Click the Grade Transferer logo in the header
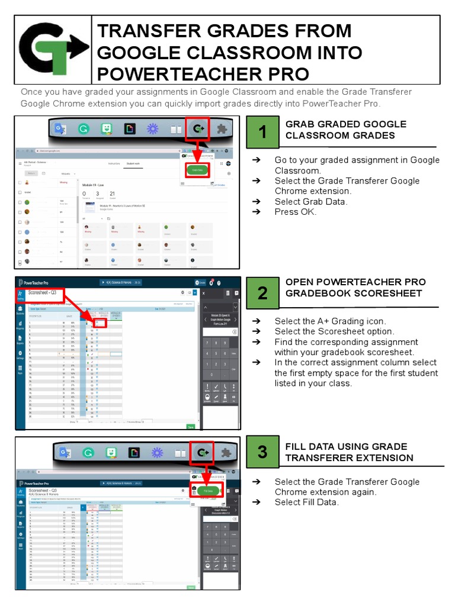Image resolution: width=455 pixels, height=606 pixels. pos(53,50)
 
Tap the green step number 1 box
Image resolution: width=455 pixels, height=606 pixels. pos(262,133)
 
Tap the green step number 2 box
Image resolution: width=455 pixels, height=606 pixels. pos(262,293)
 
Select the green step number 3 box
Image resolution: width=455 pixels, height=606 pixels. pos(262,452)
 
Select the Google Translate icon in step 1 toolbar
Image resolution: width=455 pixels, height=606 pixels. pos(60,130)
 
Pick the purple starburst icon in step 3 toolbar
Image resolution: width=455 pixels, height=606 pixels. pos(156,453)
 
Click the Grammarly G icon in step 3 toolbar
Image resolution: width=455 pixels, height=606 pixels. pos(88,453)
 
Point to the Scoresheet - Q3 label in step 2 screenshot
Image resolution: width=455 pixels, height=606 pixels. pos(41,293)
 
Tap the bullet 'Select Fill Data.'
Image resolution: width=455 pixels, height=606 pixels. pos(306,502)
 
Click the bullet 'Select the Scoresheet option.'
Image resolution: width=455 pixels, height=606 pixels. pos(334,331)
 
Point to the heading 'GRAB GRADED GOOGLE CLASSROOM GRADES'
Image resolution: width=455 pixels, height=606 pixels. pos(345,130)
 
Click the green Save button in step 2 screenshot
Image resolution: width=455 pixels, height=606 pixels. pos(191,426)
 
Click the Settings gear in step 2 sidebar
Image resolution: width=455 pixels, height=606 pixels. pos(20,354)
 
